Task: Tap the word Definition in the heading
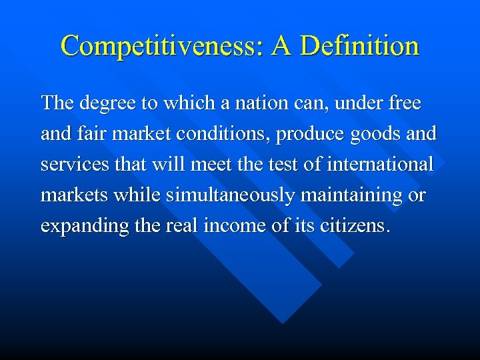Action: click(359, 46)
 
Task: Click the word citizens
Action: click(351, 226)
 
